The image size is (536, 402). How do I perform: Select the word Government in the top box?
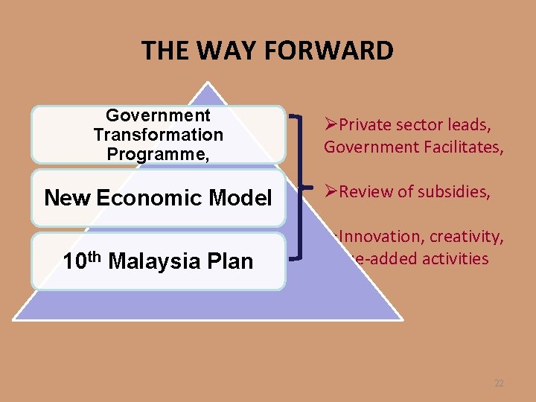[158, 115]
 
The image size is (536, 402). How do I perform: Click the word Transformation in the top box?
[158, 135]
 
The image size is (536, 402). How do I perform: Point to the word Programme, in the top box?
[158, 154]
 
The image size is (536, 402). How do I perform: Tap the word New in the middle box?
[68, 198]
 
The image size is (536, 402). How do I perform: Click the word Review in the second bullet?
[365, 192]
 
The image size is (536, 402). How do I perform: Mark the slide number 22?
[499, 383]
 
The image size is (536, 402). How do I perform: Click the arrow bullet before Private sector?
[330, 125]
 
